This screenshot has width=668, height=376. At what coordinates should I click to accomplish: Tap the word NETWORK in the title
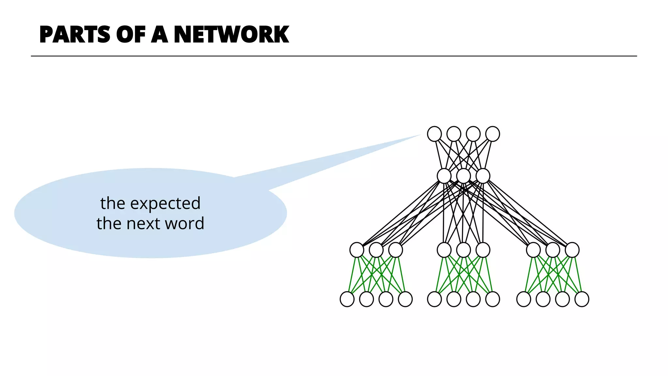tap(231, 34)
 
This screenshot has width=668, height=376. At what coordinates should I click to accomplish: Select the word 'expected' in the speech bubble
tap(165, 204)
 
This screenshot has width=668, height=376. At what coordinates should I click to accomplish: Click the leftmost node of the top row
tap(434, 134)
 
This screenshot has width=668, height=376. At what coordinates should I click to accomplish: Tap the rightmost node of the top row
tap(493, 134)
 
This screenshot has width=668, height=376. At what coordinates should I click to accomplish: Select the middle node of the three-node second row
tap(463, 176)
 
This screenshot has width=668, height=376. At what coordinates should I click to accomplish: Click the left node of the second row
tap(444, 176)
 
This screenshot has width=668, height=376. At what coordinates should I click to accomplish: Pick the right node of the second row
tap(483, 176)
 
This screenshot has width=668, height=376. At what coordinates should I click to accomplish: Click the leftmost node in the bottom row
tap(347, 299)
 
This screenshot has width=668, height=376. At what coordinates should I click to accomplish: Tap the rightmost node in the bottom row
tap(582, 299)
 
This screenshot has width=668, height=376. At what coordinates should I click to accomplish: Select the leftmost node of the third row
tap(357, 250)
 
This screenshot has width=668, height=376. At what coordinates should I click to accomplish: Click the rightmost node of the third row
tap(572, 250)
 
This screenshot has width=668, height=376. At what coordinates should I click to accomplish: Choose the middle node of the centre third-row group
tap(463, 250)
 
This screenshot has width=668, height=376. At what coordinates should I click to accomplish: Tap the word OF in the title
tap(130, 34)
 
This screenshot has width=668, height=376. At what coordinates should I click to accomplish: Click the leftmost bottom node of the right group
tap(524, 299)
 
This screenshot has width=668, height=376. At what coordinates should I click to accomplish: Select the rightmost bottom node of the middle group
tap(493, 299)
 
